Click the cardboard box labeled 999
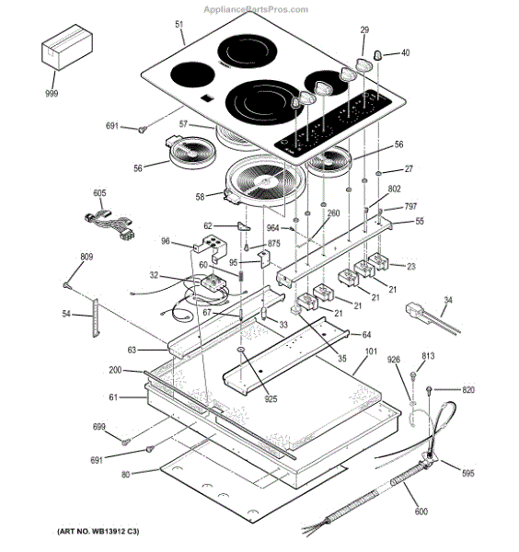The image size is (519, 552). (67, 47)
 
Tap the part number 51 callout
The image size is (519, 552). (179, 24)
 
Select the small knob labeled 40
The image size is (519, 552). (377, 55)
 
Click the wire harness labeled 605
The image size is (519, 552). (110, 224)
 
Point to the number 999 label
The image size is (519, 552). (52, 93)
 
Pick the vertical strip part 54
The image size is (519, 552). (96, 317)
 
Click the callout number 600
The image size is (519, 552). (421, 512)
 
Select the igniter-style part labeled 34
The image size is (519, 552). (432, 318)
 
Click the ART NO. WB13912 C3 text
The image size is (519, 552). (98, 531)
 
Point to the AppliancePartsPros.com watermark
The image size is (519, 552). (256, 9)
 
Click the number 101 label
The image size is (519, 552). (371, 351)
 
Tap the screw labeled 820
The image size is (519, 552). (429, 389)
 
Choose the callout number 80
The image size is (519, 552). (126, 475)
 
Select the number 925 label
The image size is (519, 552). (271, 398)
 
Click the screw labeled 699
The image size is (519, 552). (125, 442)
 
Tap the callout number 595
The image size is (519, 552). (468, 473)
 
